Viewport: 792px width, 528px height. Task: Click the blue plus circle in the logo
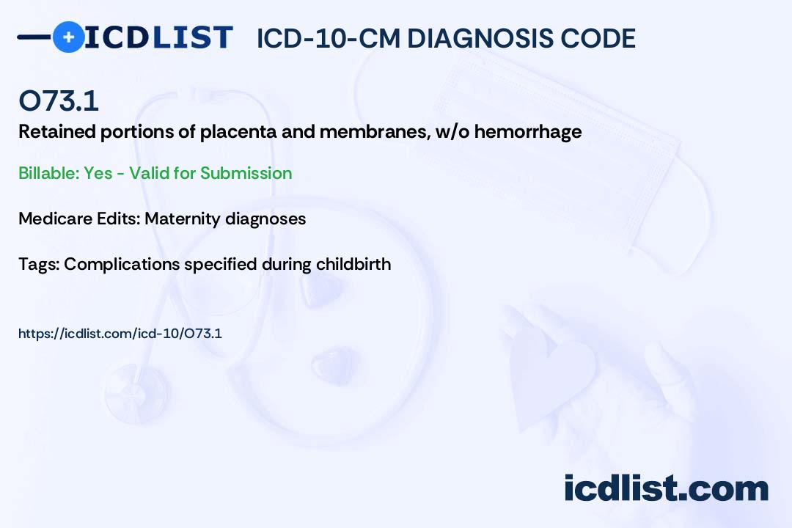pyautogui.click(x=68, y=37)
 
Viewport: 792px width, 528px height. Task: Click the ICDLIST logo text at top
pyautogui.click(x=158, y=37)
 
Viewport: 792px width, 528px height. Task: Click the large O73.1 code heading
pyautogui.click(x=59, y=100)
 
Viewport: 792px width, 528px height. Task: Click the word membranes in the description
pyautogui.click(x=375, y=132)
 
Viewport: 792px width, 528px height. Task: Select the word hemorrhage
pyautogui.click(x=528, y=132)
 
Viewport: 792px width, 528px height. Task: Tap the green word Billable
pyautogui.click(x=49, y=173)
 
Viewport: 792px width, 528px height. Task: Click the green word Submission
pyautogui.click(x=246, y=173)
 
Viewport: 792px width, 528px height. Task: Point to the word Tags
pyautogui.click(x=39, y=265)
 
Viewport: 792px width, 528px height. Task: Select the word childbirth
pyautogui.click(x=353, y=264)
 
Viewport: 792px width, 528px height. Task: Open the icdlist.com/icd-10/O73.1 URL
pyautogui.click(x=120, y=334)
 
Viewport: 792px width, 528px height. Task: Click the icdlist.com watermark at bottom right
pyautogui.click(x=666, y=488)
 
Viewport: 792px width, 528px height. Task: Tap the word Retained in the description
pyautogui.click(x=57, y=132)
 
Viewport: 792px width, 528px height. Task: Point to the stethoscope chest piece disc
pyautogui.click(x=136, y=393)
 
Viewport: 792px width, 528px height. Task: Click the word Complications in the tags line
pyautogui.click(x=122, y=265)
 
